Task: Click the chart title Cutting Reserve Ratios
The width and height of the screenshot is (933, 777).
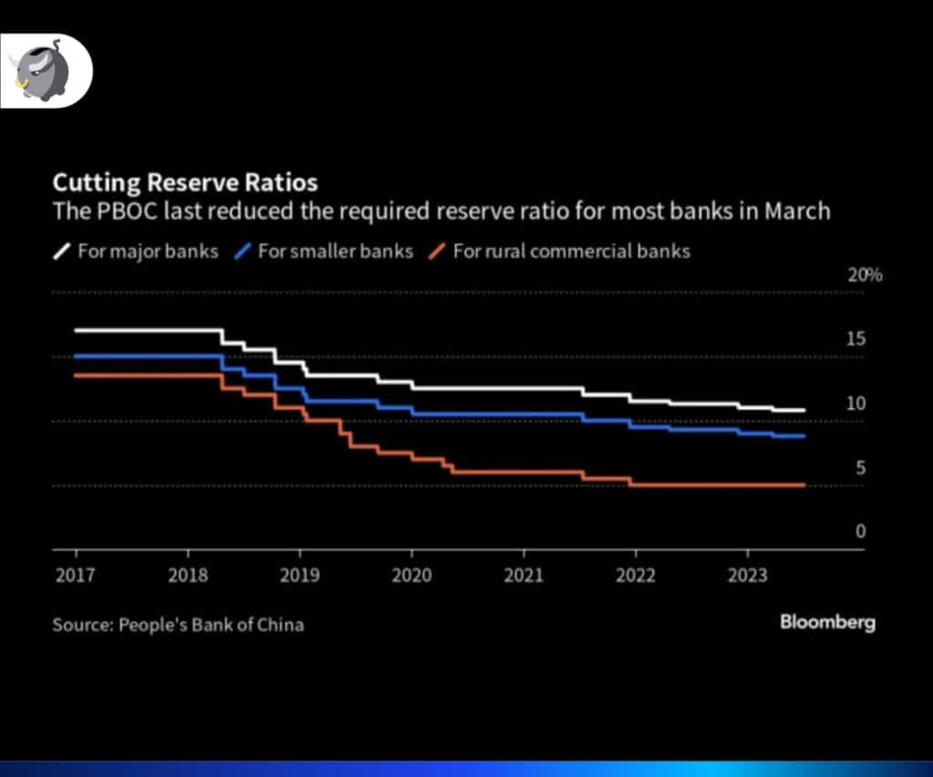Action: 185,180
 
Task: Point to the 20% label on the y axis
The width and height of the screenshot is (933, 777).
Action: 865,275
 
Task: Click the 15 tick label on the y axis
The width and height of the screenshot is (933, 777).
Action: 856,340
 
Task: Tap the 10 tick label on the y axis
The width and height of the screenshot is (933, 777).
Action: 856,404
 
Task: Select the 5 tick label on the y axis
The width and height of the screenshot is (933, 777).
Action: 859,468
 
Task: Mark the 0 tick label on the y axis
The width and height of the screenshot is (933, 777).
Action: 859,532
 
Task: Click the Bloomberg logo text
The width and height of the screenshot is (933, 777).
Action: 827,623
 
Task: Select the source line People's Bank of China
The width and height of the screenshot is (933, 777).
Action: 178,625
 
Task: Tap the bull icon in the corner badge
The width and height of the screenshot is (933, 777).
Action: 36,71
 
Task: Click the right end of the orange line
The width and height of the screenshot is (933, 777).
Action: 805,486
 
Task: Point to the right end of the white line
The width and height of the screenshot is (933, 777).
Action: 805,411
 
